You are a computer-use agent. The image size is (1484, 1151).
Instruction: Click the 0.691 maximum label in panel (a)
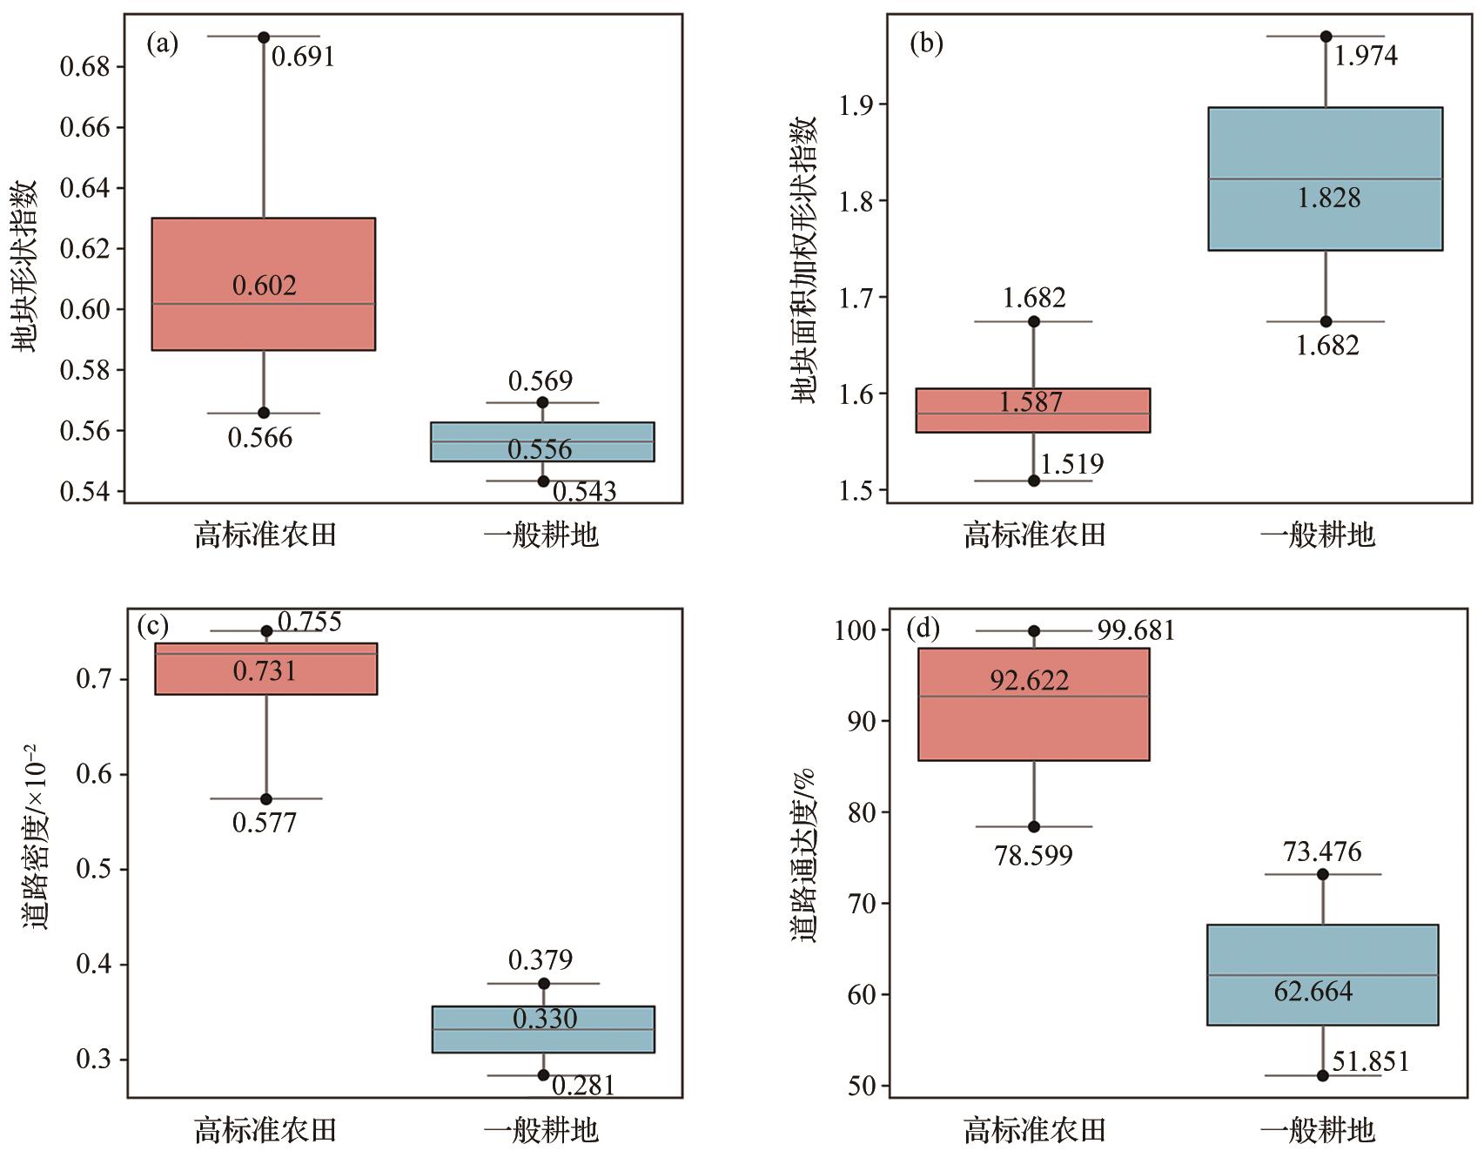pos(303,57)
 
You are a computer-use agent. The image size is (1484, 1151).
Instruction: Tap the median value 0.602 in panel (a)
pos(265,286)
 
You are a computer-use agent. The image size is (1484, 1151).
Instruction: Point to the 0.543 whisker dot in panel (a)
pos(543,481)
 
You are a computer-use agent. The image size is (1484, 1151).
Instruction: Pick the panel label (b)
pos(926,44)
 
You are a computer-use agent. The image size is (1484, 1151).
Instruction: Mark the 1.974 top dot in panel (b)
pos(1326,37)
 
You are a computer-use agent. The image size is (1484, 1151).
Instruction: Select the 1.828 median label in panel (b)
pos(1328,199)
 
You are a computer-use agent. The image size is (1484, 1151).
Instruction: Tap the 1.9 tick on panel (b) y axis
pos(858,104)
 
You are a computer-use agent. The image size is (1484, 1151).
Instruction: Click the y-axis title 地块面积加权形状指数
pos(806,259)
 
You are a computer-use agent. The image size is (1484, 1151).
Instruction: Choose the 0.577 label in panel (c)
pos(265,823)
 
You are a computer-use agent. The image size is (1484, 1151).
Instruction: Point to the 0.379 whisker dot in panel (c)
pos(544,984)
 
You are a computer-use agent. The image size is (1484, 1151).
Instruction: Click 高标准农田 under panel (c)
pos(265,1130)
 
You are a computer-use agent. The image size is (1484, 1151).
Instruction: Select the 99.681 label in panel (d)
pos(1136,630)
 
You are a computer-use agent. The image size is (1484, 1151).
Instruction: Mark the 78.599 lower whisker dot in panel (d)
pos(1034,826)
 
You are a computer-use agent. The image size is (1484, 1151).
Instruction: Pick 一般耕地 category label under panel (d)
pos(1318,1130)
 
